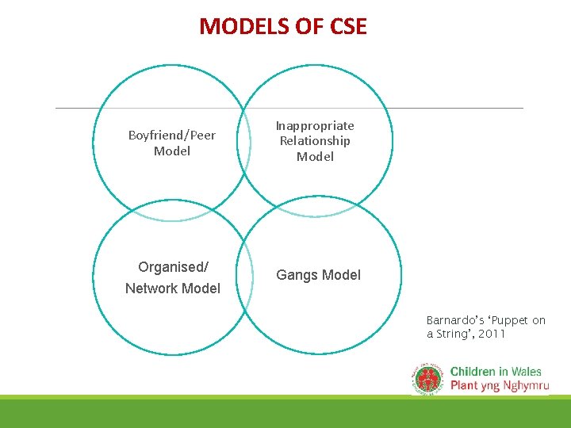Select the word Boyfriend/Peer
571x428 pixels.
(x=172, y=136)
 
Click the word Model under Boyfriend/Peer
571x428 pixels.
(x=172, y=151)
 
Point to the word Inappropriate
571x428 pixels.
(x=315, y=125)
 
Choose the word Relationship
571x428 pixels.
(x=315, y=141)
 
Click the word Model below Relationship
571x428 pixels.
(x=315, y=156)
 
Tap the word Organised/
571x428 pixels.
(x=173, y=267)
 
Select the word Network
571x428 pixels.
(x=151, y=289)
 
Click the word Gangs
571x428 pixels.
(x=296, y=275)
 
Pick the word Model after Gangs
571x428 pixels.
(x=340, y=275)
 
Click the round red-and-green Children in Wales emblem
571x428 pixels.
(x=428, y=378)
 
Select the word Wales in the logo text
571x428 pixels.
(x=527, y=371)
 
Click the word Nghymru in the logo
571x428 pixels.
(x=523, y=385)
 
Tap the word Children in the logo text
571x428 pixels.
(x=474, y=371)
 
